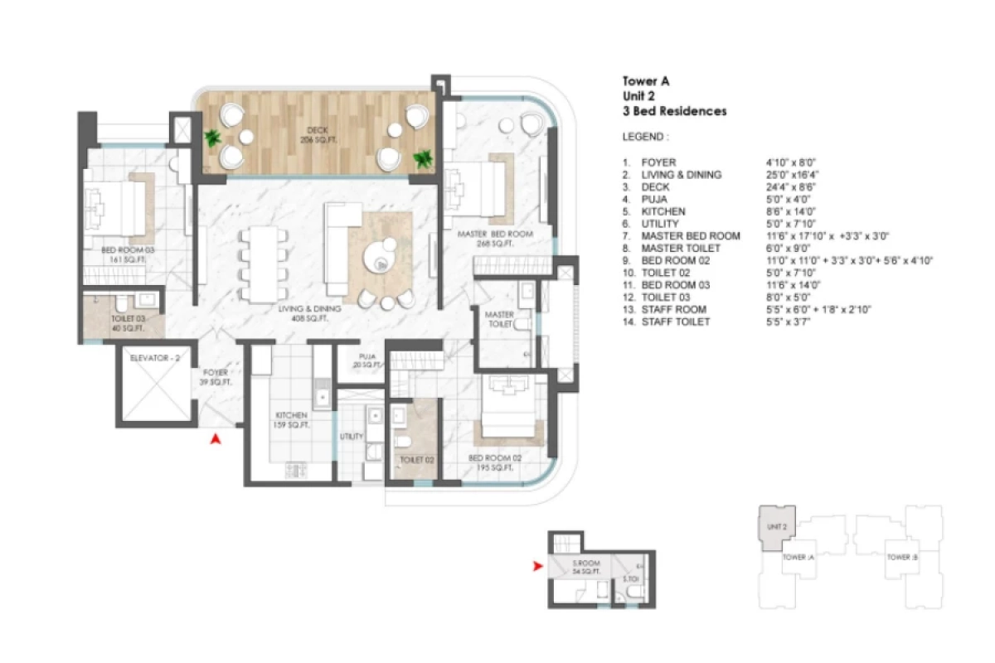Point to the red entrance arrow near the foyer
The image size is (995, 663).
point(216,440)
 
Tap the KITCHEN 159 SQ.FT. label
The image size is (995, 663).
point(293,420)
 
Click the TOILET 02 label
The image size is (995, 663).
point(417,459)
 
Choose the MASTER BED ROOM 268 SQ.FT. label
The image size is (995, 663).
point(494,239)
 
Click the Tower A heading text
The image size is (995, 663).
point(646,81)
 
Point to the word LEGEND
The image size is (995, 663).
point(644,136)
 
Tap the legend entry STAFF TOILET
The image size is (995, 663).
point(676,322)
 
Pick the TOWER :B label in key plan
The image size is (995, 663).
point(901,557)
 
